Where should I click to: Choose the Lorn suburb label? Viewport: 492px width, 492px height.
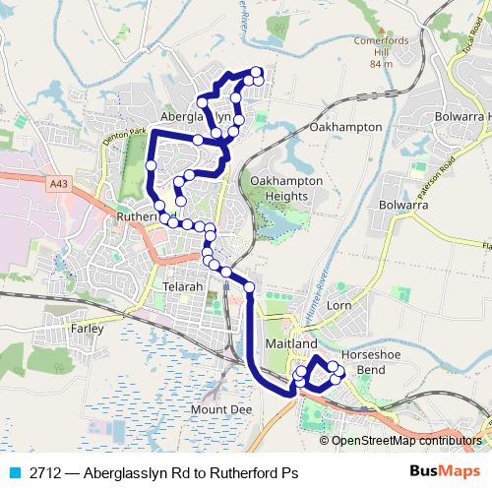pos(338,306)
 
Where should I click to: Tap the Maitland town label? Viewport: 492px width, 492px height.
pos(291,344)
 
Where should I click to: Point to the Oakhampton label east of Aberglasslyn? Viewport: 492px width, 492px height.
pos(344,128)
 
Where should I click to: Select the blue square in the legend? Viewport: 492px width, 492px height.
pos(14,473)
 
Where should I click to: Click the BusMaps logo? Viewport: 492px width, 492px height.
pos(444,472)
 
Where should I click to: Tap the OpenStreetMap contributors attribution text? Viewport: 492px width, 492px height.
pos(406,440)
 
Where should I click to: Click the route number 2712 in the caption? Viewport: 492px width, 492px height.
pos(43,473)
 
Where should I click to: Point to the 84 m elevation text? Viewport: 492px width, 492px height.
pos(381,64)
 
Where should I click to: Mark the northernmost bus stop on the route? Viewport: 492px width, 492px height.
pos(257,71)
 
